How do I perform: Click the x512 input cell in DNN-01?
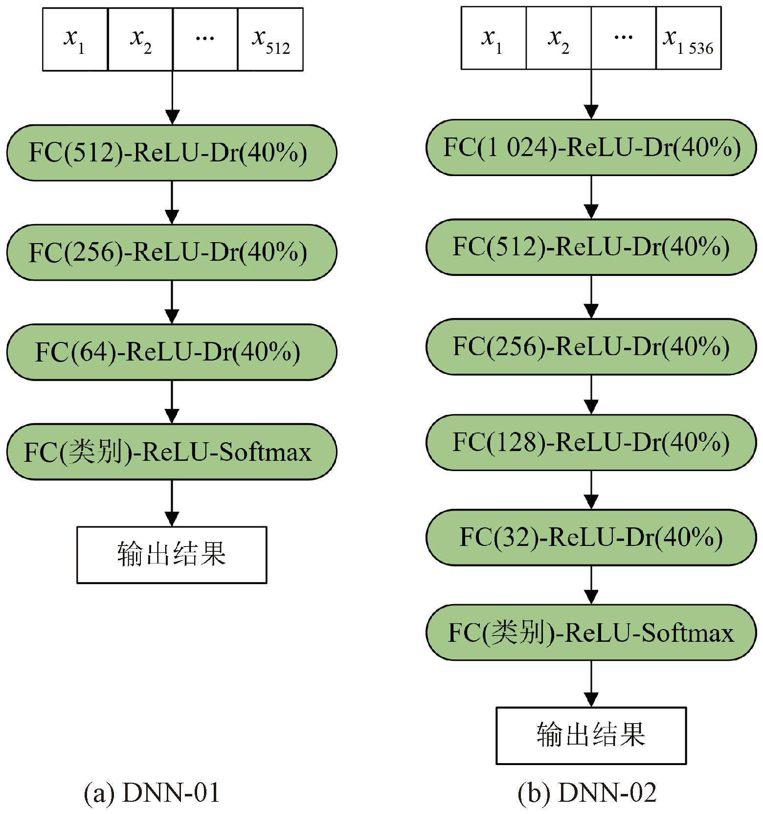(270, 40)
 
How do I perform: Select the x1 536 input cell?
(688, 38)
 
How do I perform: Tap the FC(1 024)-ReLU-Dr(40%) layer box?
(591, 147)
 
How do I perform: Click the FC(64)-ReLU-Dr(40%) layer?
(171, 352)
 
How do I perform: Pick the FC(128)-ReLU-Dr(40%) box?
(591, 442)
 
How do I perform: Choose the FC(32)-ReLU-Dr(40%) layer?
(591, 537)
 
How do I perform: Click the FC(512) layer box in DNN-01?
(171, 153)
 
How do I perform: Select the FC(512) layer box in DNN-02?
(591, 247)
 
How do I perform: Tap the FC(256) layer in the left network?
(171, 252)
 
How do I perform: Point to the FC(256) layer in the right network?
(591, 346)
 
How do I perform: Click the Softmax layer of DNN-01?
(171, 452)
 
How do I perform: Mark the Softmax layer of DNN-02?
(591, 633)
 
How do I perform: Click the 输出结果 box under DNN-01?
(172, 555)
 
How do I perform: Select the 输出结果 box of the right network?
(591, 735)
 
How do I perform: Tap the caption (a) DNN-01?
(152, 792)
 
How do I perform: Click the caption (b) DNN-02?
(587, 792)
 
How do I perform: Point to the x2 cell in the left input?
(140, 40)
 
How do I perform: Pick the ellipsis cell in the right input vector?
(623, 38)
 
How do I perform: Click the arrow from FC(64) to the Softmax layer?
(172, 402)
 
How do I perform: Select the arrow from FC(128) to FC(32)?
(591, 490)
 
